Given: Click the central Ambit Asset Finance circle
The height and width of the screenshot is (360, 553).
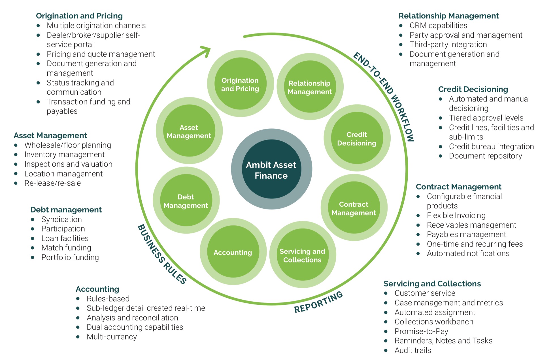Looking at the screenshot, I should pos(271,169).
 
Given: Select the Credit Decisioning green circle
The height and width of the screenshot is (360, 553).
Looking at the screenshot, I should pos(357,138).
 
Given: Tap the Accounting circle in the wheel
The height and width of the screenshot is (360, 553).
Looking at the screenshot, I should pos(233,252).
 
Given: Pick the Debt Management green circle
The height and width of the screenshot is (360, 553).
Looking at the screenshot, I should pos(186,201).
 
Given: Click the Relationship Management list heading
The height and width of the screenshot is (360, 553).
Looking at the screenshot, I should pos(448,16).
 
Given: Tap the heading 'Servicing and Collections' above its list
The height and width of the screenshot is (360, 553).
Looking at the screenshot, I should pos(432,283).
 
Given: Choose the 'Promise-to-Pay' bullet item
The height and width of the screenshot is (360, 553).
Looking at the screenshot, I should pos(421,331).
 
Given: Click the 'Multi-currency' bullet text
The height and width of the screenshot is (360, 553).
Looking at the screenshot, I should pos(112,337).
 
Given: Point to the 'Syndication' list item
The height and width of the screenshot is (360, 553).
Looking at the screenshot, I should pos(61,219).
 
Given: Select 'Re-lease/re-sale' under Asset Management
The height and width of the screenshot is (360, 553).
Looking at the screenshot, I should pos(52,183).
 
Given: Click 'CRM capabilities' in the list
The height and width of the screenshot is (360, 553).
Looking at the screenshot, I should pos(438,26).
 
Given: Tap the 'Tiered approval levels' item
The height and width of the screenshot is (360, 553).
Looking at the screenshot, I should pos(486,118).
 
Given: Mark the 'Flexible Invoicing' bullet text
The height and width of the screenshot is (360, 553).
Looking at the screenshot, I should pos(456,215).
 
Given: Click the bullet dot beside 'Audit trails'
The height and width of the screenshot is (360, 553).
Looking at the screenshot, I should pos(386,350).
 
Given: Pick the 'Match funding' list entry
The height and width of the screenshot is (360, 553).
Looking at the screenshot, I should pos(66,248).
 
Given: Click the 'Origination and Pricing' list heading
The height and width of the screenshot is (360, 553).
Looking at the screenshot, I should pos(79,16).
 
